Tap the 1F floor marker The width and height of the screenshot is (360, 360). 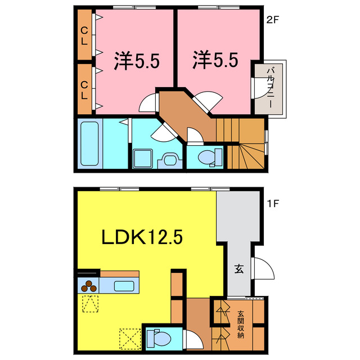[273, 201]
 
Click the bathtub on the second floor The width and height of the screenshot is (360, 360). [89, 143]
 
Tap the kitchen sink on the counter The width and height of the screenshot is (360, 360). [124, 285]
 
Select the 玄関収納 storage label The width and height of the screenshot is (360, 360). [240, 325]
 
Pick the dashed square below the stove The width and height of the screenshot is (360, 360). [89, 304]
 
